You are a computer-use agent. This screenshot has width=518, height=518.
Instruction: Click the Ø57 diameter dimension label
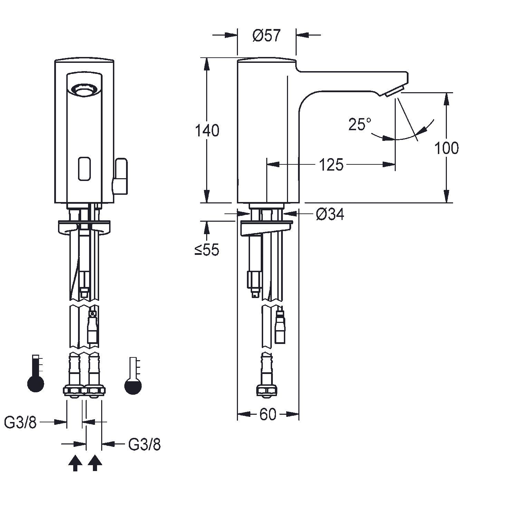(267, 36)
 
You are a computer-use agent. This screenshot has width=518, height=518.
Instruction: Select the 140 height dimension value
(207, 131)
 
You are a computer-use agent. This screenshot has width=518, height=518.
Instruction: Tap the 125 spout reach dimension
(331, 165)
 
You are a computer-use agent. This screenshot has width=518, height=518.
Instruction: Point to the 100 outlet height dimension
(447, 148)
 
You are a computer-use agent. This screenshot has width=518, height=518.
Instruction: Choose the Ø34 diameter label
(330, 215)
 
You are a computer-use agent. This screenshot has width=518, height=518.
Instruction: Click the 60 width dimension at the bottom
(268, 414)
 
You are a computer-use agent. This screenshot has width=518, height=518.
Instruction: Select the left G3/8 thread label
(20, 422)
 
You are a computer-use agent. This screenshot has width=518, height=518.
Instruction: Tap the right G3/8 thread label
(144, 445)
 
